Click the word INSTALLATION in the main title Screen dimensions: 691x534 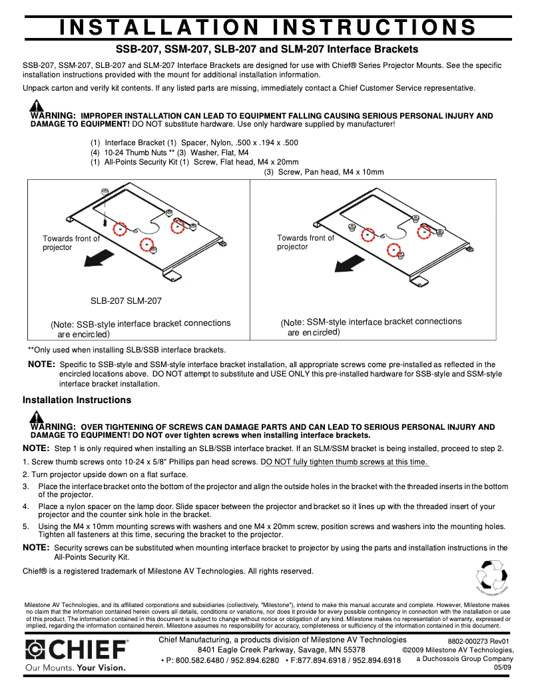158,27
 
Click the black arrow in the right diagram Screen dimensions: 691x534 352,264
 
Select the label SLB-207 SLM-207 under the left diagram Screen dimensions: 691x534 126,301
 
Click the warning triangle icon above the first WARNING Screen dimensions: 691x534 37,105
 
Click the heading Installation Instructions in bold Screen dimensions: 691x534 77,400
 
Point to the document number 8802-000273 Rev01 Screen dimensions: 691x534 478,641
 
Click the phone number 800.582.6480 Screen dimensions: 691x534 194,660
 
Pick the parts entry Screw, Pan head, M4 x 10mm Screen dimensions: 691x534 324,172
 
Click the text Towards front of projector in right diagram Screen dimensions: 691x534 305,243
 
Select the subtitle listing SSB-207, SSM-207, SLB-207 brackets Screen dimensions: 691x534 267,49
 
